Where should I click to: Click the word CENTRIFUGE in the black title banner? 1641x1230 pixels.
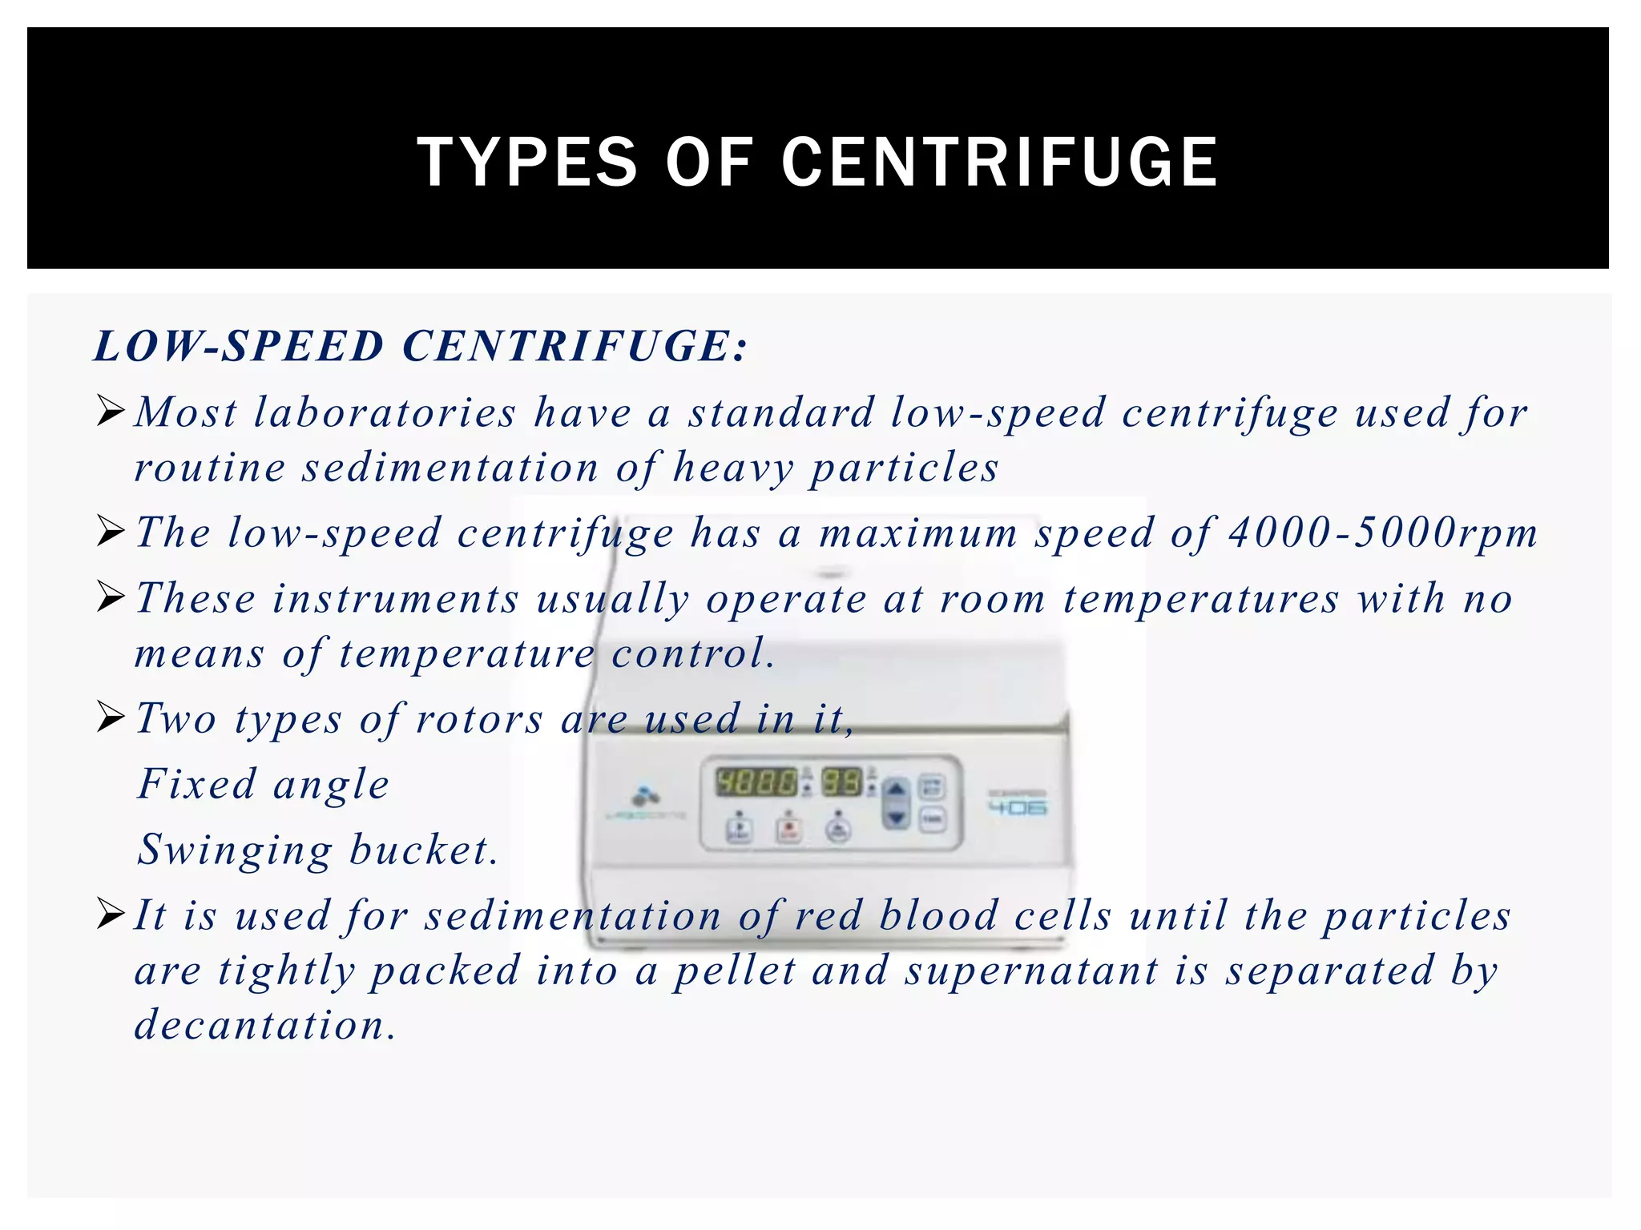(x=999, y=163)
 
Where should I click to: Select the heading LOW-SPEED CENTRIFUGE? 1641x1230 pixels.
(x=421, y=347)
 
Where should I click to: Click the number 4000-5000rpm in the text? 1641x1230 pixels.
(x=1382, y=533)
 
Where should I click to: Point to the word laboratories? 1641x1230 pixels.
(x=385, y=413)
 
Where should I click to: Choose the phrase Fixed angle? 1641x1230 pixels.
(x=263, y=784)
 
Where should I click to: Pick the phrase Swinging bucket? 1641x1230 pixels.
(x=317, y=850)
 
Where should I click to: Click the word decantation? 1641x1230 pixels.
(x=264, y=1026)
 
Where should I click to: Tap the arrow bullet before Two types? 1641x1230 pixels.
(x=111, y=717)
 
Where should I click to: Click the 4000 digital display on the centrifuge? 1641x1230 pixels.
(x=756, y=782)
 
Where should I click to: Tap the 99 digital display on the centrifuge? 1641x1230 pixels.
(x=841, y=782)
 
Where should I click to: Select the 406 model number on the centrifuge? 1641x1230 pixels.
(x=1018, y=808)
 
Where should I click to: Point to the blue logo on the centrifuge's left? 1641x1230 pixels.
(x=643, y=796)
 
